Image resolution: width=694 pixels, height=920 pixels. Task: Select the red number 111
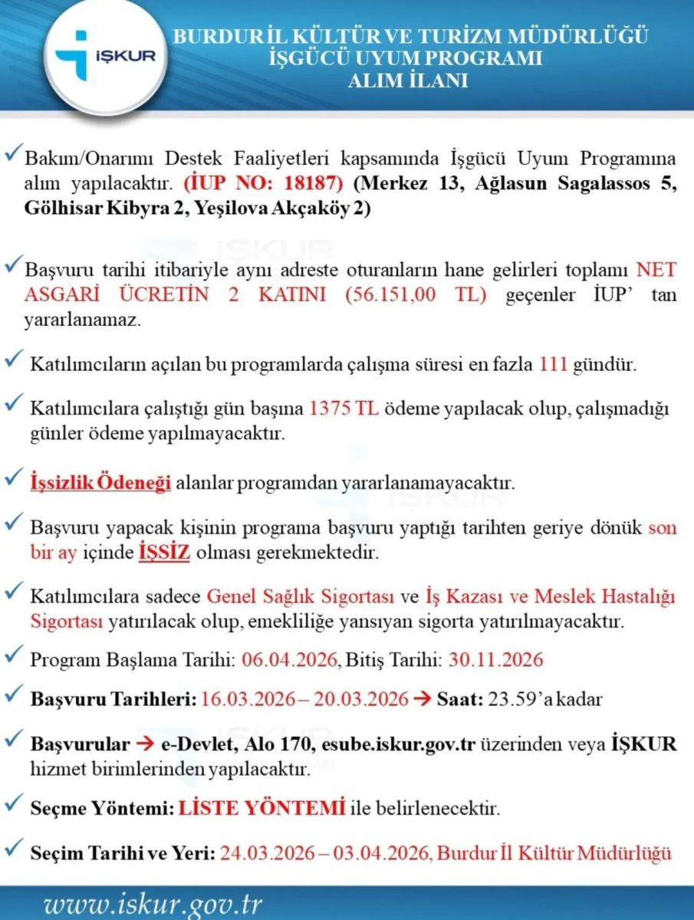(x=553, y=363)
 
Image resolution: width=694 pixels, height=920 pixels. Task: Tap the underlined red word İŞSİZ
(x=164, y=553)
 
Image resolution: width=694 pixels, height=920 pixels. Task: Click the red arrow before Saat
(x=423, y=699)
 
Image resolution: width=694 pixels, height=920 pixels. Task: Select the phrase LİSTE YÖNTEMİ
(x=261, y=808)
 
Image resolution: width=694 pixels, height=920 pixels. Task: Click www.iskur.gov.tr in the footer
(x=153, y=905)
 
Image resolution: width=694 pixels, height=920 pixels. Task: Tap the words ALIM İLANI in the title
(x=408, y=80)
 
